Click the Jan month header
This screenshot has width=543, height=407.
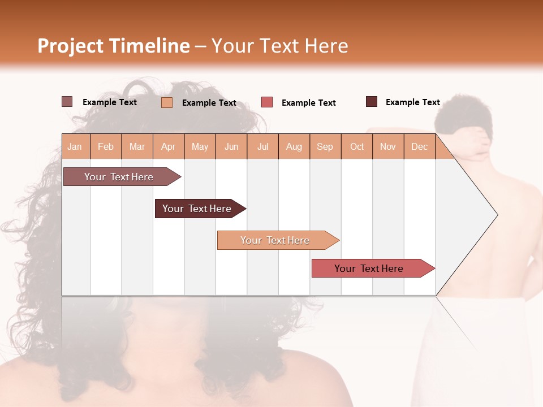(75, 146)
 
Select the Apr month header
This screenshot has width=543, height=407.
(168, 146)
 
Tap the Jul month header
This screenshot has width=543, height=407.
(262, 146)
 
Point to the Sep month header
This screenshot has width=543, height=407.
(325, 146)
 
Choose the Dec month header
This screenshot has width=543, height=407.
(419, 146)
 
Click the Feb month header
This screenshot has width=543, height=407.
(106, 146)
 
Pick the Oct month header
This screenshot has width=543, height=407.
(357, 146)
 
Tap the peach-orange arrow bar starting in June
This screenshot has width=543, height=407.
(275, 240)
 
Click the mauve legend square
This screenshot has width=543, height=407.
(67, 102)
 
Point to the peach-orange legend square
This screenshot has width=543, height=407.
(167, 102)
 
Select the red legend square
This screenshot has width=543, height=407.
(267, 102)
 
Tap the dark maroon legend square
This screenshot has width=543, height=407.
(372, 102)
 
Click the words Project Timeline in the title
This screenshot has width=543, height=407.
(113, 46)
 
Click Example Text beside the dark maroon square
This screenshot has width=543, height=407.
(412, 102)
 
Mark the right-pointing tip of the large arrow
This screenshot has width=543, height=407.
(497, 215)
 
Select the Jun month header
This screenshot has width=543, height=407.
(231, 146)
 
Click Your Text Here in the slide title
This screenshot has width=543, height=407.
(279, 46)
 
